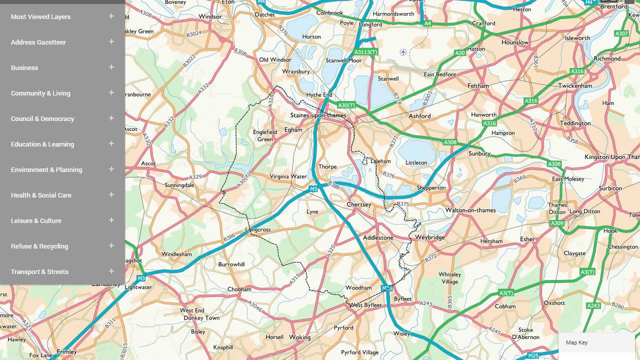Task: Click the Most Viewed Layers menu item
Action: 40,16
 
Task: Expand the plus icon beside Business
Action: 111,67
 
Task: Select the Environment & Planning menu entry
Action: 46,169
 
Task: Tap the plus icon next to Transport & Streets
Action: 111,271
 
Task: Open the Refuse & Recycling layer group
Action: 39,246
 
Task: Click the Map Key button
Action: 577,342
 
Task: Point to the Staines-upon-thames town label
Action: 318,115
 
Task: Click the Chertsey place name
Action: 359,204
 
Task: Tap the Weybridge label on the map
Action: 429,237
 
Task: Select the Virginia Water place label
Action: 288,176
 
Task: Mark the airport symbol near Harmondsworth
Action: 403,52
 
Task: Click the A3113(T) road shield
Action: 365,52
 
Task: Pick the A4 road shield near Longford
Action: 427,23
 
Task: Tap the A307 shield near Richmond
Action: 621,33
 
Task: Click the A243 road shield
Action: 593,305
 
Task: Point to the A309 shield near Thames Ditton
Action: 557,223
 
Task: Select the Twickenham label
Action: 575,85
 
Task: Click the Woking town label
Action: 299,337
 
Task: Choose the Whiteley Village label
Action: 449,278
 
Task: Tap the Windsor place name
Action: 210,16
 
